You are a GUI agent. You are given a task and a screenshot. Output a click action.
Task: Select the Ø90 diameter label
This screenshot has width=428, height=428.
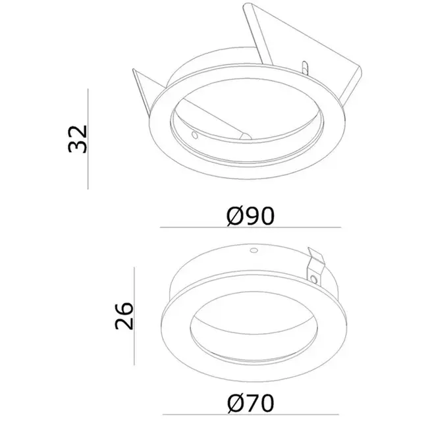click(x=250, y=215)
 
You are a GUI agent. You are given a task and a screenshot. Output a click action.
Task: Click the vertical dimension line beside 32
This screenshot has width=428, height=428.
click(x=88, y=138)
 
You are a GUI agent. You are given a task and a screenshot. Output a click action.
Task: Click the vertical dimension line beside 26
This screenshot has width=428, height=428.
click(x=134, y=316)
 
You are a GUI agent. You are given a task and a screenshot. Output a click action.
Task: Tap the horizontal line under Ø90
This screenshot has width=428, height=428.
click(x=250, y=228)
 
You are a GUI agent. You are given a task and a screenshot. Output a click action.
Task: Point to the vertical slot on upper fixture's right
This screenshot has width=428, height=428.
click(x=304, y=68)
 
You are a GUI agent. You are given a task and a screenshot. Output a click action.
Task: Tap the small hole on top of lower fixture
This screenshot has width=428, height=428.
click(x=252, y=250)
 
